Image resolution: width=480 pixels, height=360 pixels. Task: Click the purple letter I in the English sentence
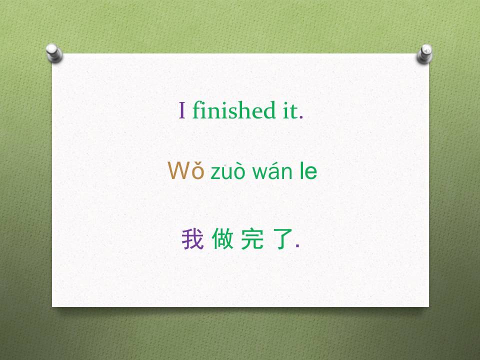coord(182,110)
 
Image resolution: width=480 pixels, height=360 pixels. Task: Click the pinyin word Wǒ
coord(186,171)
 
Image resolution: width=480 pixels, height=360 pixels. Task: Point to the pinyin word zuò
coord(228,172)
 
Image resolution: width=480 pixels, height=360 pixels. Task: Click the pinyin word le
coord(308,171)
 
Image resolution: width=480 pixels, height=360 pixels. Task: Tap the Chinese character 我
coord(192,239)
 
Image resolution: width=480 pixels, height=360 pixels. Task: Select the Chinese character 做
coord(222,239)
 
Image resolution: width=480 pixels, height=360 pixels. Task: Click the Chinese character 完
coord(251,239)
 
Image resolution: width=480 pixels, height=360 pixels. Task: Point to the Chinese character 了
coord(283,239)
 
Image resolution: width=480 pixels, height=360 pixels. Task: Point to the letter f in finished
coord(196,110)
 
